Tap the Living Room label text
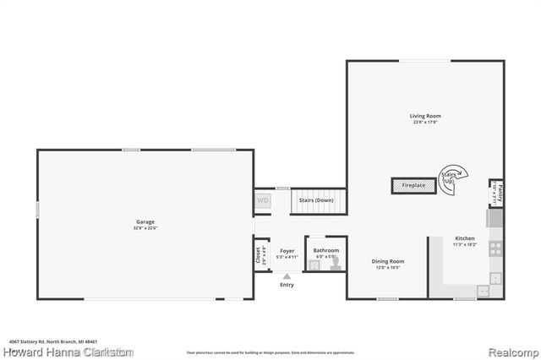pyautogui.click(x=425, y=116)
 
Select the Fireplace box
pyautogui.click(x=413, y=184)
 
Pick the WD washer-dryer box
pyautogui.click(x=263, y=201)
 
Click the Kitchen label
pyautogui.click(x=465, y=239)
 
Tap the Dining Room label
pyautogui.click(x=388, y=261)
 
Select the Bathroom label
pyautogui.click(x=325, y=250)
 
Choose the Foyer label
pyautogui.click(x=287, y=250)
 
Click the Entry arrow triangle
pyautogui.click(x=287, y=275)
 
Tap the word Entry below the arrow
pyautogui.click(x=287, y=285)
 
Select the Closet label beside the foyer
pyautogui.click(x=259, y=254)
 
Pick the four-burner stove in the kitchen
pyautogui.click(x=496, y=248)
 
